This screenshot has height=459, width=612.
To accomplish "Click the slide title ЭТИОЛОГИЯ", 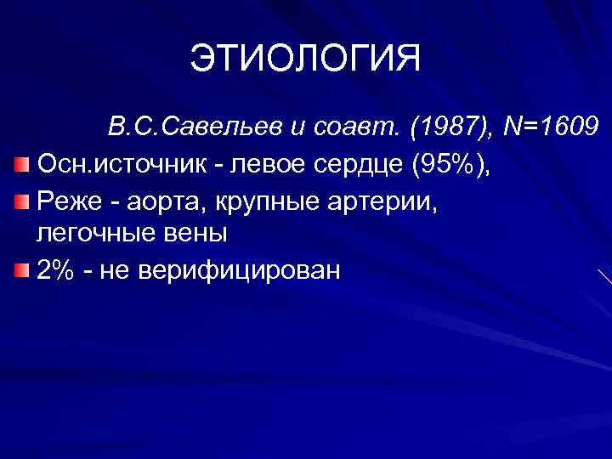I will tap(305, 59).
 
